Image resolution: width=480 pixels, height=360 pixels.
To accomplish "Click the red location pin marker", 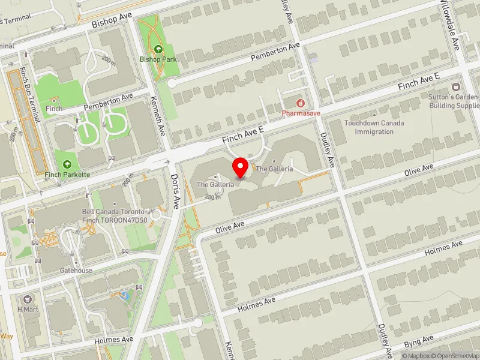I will pyautogui.click(x=241, y=167).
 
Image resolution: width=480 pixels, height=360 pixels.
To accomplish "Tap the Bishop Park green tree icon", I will pyautogui.click(x=158, y=49).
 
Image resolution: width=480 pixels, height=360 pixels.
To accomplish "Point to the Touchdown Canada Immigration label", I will pyautogui.click(x=374, y=127).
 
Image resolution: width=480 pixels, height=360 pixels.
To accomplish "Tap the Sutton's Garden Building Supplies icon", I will pyautogui.click(x=454, y=87).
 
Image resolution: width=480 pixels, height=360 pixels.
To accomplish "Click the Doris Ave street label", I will pyautogui.click(x=175, y=191).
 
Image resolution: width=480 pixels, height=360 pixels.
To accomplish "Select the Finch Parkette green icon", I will pyautogui.click(x=67, y=164).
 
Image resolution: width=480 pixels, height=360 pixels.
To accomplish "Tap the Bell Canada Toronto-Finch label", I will pyautogui.click(x=115, y=216).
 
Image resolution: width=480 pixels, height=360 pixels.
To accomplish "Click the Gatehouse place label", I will pyautogui.click(x=76, y=271).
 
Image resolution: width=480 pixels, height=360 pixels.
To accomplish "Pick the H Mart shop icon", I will pyautogui.click(x=26, y=299).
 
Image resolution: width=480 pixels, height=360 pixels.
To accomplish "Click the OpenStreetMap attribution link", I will pyautogui.click(x=454, y=356).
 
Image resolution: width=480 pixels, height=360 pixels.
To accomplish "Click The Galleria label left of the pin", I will pyautogui.click(x=215, y=185).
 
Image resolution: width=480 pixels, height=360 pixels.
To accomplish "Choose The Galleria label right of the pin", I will pyautogui.click(x=274, y=169).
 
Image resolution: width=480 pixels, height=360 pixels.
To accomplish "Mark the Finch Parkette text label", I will pyautogui.click(x=67, y=175).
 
